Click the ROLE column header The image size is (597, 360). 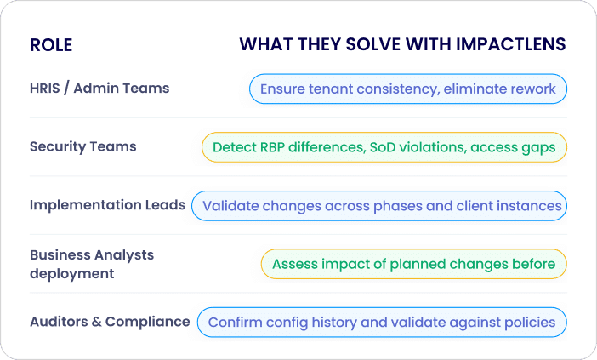coord(51,45)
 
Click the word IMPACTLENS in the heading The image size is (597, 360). coord(510,44)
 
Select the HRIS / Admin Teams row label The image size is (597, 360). coord(99,89)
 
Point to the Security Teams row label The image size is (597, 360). coord(83,146)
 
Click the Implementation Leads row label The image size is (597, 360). coord(107,205)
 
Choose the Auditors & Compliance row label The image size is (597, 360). coord(110,322)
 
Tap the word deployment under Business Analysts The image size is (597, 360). coord(72,274)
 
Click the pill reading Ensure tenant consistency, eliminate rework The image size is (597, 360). coord(408,89)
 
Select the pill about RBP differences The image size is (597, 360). coord(384,147)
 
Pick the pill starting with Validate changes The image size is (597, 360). coord(379,206)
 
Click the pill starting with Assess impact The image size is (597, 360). coord(414,264)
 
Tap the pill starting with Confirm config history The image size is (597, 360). coord(382,323)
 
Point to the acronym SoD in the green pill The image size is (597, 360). coord(382,147)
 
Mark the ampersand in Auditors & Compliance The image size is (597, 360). coord(96,322)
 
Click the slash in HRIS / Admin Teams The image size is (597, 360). coord(66,89)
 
